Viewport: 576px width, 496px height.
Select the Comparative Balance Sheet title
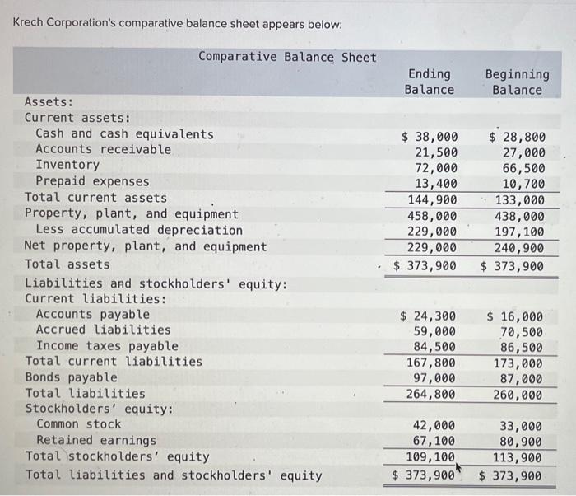(x=287, y=57)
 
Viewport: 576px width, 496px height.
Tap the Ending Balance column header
(x=429, y=82)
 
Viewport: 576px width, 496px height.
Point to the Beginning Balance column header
(x=517, y=82)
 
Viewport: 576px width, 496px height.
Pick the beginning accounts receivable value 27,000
(x=523, y=152)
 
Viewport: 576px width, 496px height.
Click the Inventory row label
(x=67, y=165)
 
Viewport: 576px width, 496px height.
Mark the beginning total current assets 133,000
(x=520, y=199)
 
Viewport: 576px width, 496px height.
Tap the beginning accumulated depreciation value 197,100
(x=520, y=231)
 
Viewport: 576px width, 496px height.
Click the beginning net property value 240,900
(x=520, y=246)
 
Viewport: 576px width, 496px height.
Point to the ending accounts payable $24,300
(x=428, y=316)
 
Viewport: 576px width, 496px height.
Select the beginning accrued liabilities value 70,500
(x=523, y=331)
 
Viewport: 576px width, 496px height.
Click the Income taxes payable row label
(x=106, y=346)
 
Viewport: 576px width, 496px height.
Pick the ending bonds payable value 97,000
(x=435, y=378)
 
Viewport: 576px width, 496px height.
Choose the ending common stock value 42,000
(x=435, y=426)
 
